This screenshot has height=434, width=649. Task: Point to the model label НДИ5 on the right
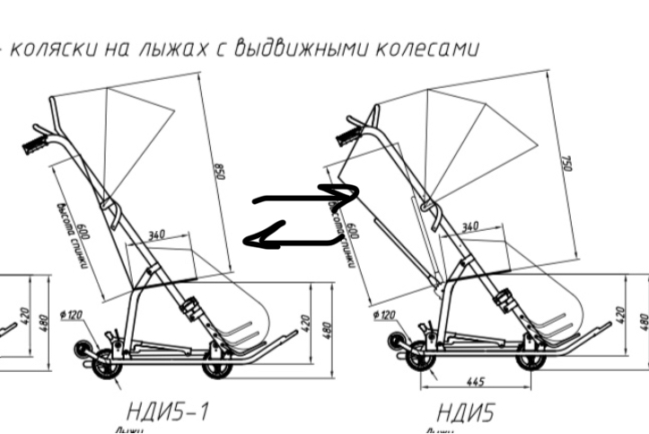point(465,412)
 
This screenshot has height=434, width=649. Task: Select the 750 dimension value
point(566,162)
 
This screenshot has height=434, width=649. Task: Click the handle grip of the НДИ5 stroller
point(347,136)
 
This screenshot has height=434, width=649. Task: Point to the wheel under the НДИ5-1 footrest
point(215,367)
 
